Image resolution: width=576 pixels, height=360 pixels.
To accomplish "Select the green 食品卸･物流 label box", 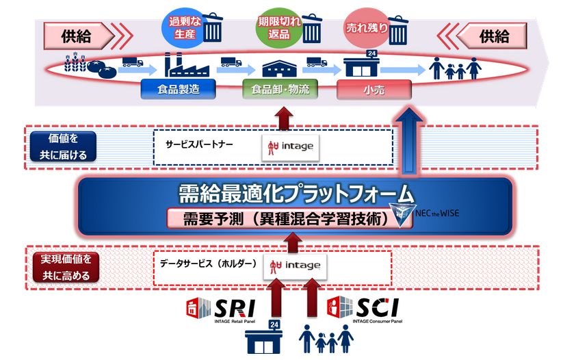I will pos(280,89).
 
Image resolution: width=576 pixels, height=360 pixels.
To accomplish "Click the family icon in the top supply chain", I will pos(454,68).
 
